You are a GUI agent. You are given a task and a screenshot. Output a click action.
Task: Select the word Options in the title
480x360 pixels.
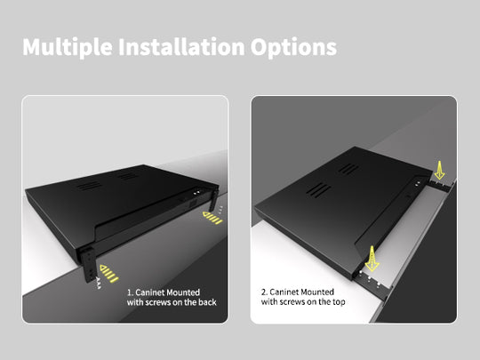293,47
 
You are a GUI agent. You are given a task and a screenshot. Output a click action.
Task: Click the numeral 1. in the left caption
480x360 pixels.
130,291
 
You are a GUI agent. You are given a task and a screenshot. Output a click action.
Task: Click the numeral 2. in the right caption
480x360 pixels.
265,291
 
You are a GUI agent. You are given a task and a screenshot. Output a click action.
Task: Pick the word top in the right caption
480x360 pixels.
341,302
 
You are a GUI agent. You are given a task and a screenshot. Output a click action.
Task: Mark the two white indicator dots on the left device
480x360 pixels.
194,192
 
